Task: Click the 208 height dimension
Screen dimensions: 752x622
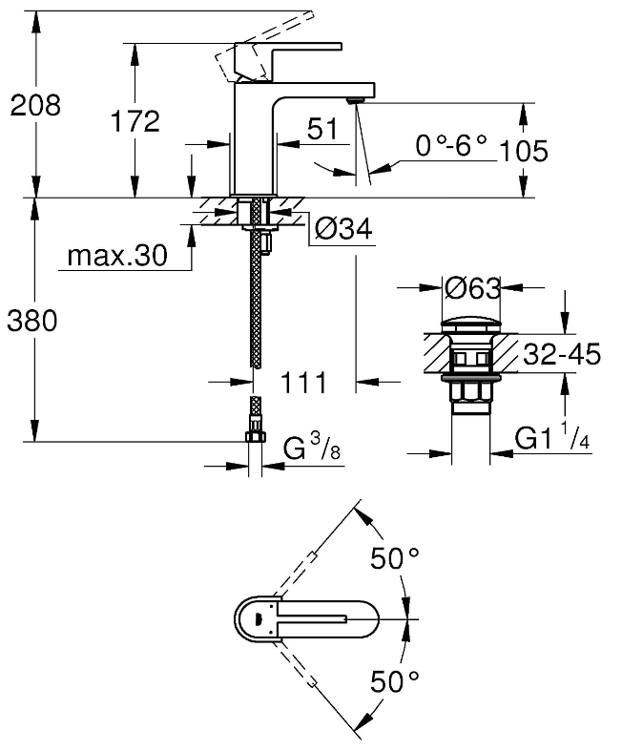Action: tap(35, 105)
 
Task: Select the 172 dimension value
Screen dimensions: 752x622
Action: tap(134, 121)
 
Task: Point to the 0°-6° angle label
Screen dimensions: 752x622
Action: tap(451, 146)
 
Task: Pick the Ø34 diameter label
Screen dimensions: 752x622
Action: tap(342, 228)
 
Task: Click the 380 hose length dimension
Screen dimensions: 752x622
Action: tap(32, 322)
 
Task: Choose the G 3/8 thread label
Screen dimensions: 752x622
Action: tap(311, 448)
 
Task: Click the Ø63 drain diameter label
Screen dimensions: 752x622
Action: tap(473, 286)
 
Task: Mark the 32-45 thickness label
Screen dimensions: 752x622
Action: tap(561, 355)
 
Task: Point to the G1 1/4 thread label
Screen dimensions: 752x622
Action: tap(553, 438)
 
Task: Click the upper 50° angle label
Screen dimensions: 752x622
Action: tap(395, 560)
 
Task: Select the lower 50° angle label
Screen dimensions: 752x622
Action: tap(395, 681)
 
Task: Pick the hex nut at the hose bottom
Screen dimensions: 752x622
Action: tap(256, 437)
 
